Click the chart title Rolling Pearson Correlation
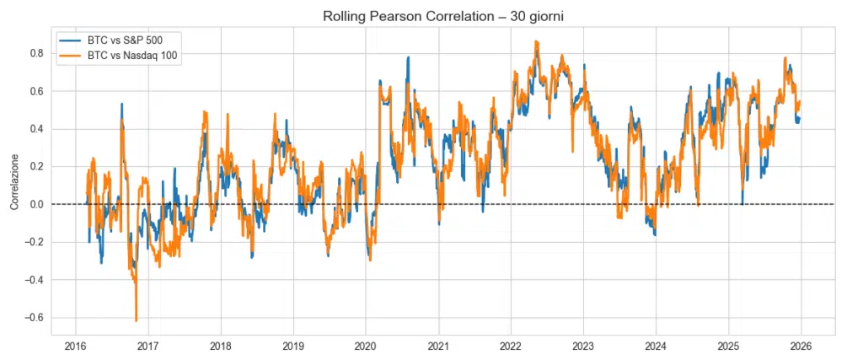pos(432,16)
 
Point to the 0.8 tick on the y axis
pos(36,53)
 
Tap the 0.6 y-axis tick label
pos(36,91)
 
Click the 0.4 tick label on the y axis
pos(36,129)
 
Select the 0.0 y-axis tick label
pos(36,204)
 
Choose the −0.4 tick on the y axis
pos(34,280)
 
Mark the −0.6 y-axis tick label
pos(34,318)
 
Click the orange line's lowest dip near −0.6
pos(136,320)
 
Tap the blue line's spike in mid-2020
pos(408,57)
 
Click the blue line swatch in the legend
pos(71,40)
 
